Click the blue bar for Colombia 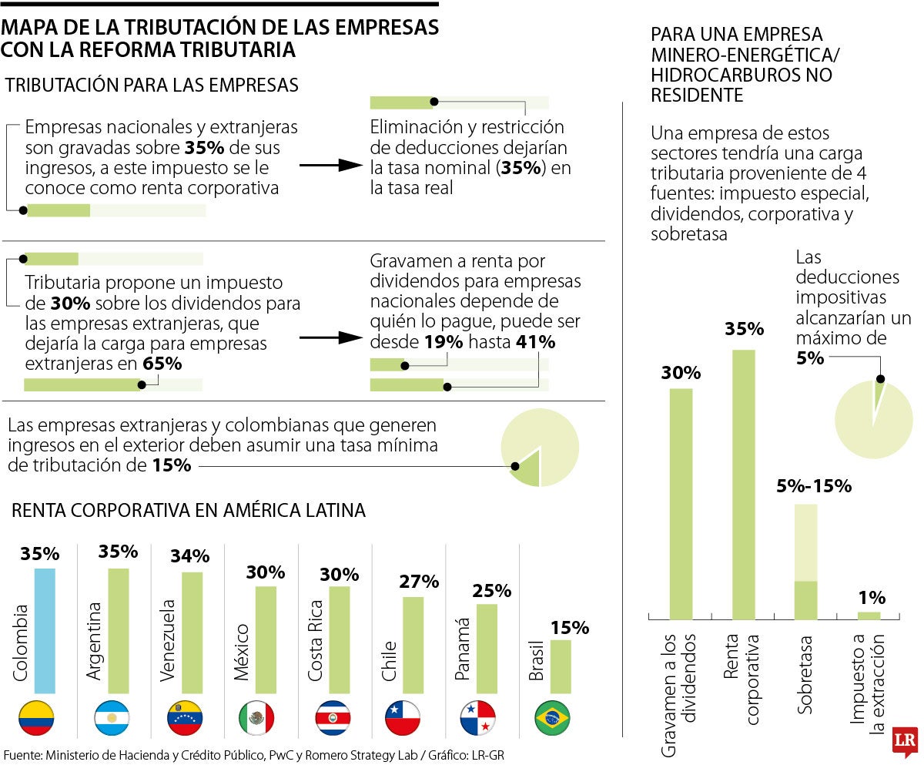tap(45, 631)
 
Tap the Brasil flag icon tap(552, 718)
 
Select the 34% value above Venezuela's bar tap(189, 555)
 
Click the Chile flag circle tap(403, 718)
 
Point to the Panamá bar tap(487, 649)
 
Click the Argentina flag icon tap(112, 718)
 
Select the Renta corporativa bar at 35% tap(743, 485)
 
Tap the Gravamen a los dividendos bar tap(681, 504)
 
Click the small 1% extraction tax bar tap(869, 616)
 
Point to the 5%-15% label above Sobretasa tap(813, 486)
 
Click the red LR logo tap(902, 741)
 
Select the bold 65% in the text tap(162, 364)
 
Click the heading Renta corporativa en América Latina tap(189, 510)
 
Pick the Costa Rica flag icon tap(333, 718)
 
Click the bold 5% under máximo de tap(810, 358)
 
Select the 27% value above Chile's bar tap(419, 581)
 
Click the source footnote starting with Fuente tap(254, 755)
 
